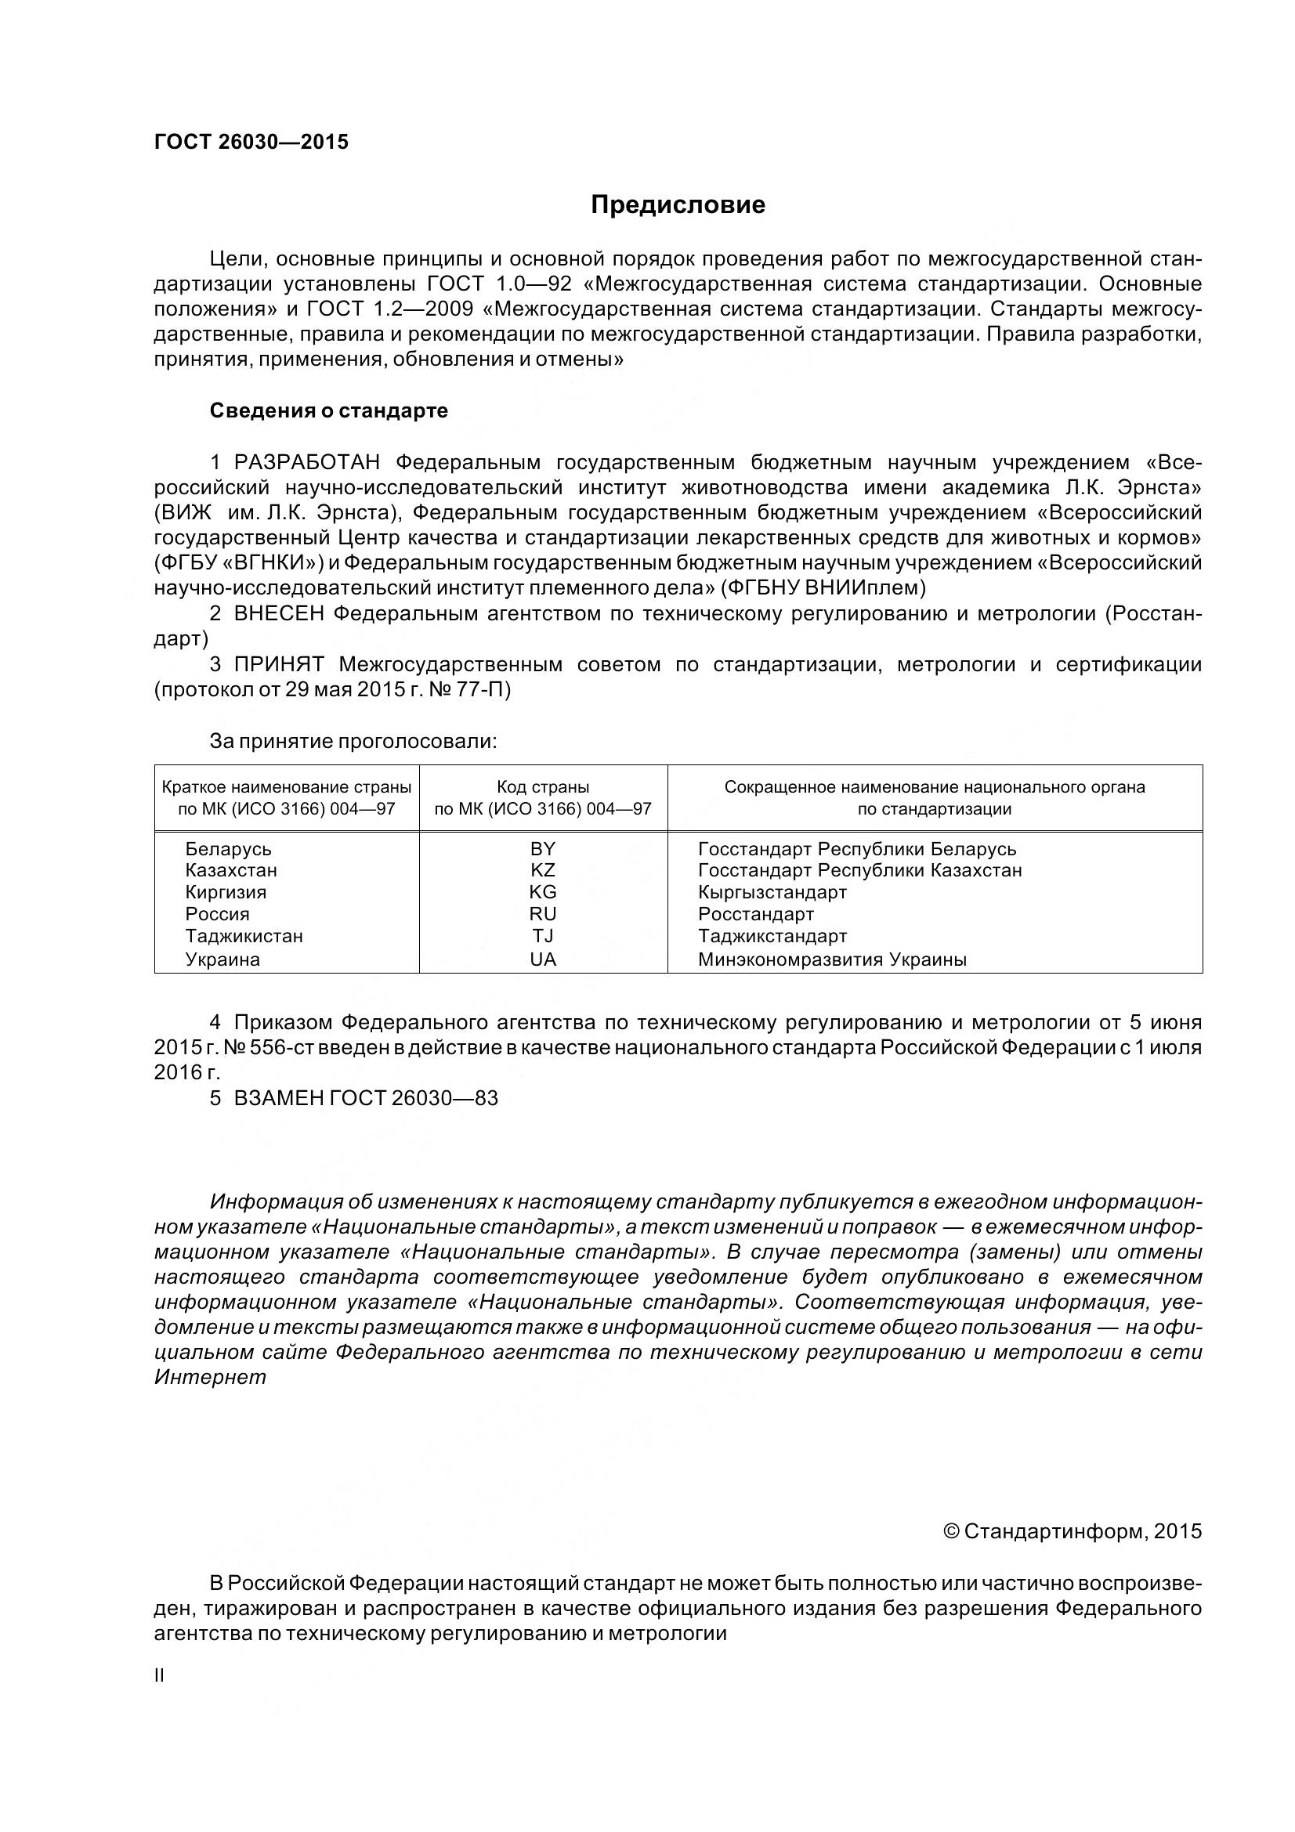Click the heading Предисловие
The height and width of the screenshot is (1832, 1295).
678,205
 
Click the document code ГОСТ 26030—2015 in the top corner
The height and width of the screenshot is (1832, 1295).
251,142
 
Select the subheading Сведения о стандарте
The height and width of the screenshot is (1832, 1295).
329,411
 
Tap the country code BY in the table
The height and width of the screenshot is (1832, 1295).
543,849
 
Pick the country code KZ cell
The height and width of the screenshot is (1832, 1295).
543,870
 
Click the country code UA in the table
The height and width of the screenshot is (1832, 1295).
543,959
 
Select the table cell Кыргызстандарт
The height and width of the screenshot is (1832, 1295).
772,892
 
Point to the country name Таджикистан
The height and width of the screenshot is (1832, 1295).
244,936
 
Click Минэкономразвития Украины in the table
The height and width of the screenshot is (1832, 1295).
831,959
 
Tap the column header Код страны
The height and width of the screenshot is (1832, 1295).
543,786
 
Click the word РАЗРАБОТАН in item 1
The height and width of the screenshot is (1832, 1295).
307,462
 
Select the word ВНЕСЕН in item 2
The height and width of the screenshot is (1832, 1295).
279,613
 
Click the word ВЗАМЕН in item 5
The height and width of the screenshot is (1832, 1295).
277,1098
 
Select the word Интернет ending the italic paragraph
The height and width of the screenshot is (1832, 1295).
210,1377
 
